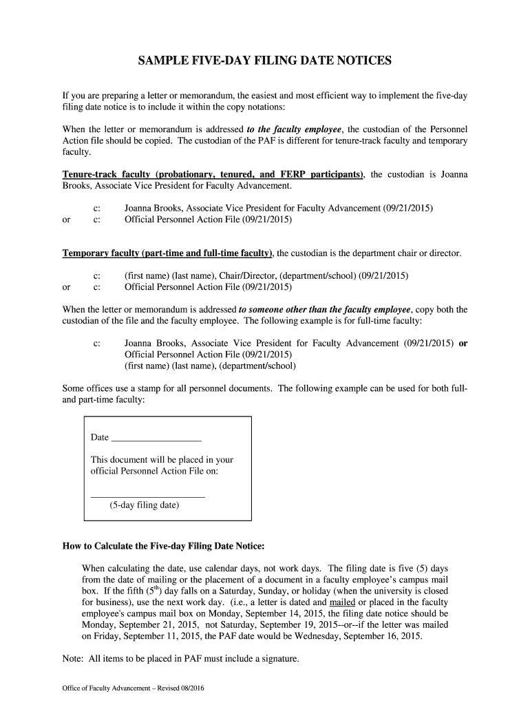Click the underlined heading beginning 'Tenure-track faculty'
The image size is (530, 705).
click(214, 174)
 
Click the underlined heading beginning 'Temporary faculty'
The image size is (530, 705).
click(168, 253)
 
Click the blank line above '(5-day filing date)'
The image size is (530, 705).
click(148, 496)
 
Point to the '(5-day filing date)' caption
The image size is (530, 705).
click(144, 505)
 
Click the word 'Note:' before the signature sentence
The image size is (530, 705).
click(73, 659)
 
